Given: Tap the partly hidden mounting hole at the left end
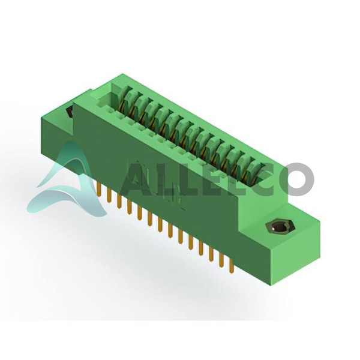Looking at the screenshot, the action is pos(70,112).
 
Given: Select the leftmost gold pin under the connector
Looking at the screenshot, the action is pos(99,190).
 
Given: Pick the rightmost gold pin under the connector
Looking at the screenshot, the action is pos(232,266).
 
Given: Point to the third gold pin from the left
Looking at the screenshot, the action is pos(119,202).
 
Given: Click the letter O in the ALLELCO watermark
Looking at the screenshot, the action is pos(298,179).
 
